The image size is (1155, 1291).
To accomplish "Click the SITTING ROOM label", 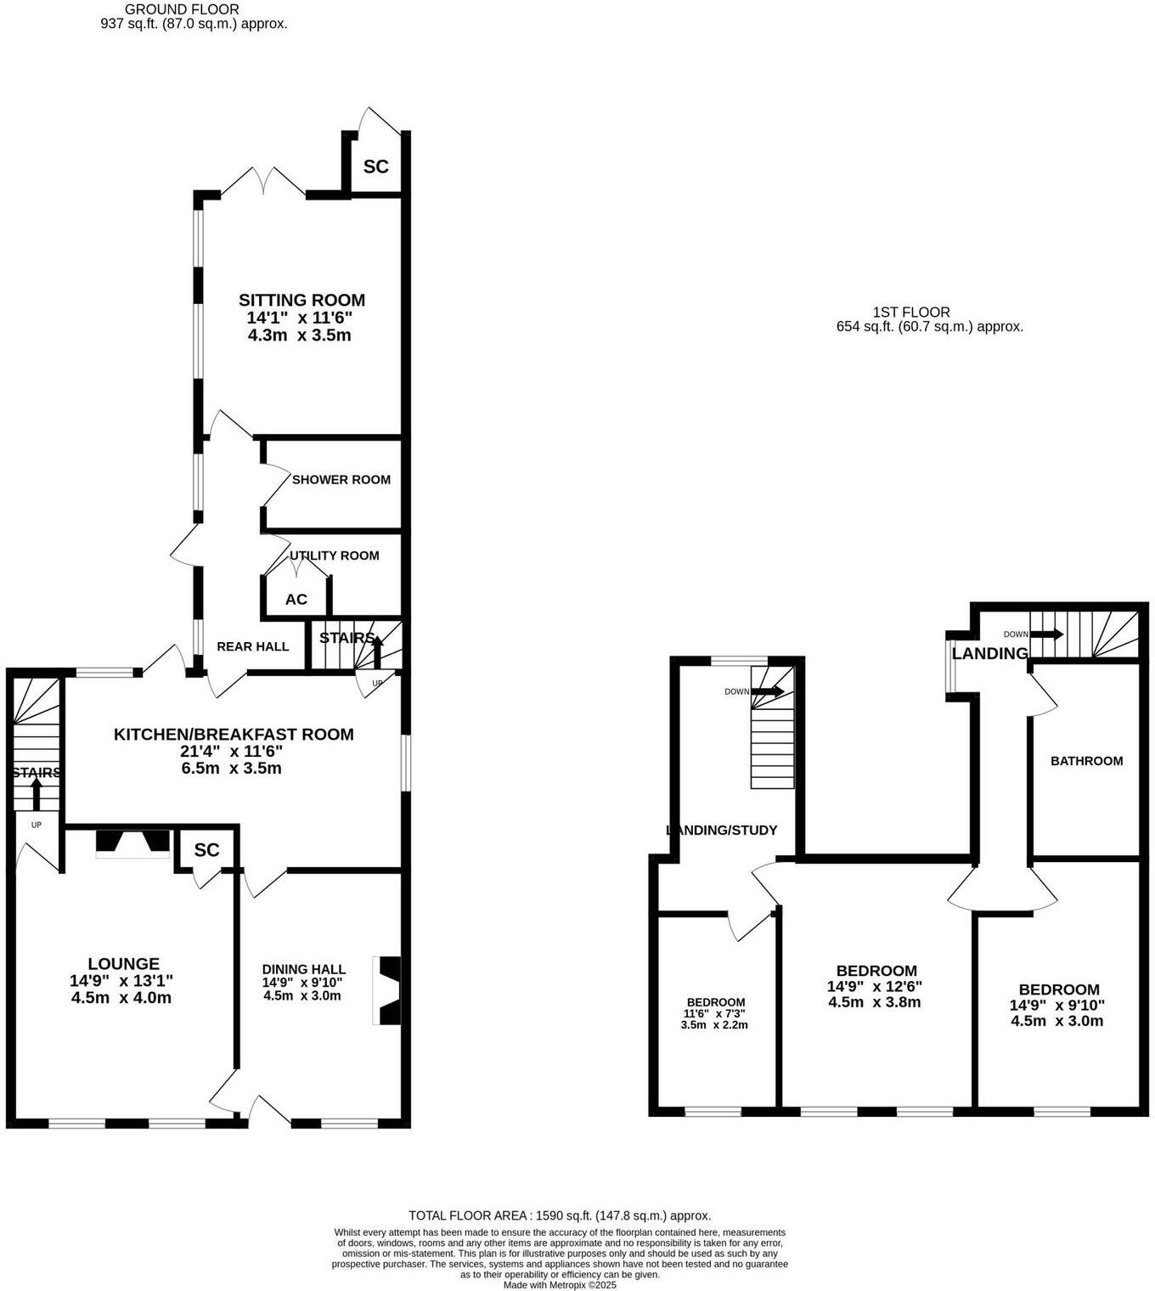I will tap(301, 300).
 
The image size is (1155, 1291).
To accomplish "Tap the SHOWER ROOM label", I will tap(341, 480).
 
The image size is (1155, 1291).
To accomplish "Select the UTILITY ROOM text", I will tap(335, 555).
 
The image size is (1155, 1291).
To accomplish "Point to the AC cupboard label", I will tap(296, 600).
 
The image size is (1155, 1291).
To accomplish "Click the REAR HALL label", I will tap(252, 646).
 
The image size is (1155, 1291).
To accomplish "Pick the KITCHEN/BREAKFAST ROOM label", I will tap(234, 735).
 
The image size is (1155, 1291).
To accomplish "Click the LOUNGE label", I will tap(124, 964).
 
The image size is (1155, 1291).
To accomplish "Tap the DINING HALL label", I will tap(303, 969).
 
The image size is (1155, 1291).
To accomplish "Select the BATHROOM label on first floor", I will tap(1086, 761).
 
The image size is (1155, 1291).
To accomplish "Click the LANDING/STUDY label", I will tap(722, 831).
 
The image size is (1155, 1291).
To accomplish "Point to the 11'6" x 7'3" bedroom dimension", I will tap(716, 1013).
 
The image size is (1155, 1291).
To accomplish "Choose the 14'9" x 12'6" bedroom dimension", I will tap(875, 987).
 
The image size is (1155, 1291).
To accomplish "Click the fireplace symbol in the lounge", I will tap(132, 842).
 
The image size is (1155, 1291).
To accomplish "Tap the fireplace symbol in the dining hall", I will tap(388, 991).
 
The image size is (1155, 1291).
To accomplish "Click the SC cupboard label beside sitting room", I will tap(376, 166).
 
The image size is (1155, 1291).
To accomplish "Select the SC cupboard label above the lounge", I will tap(206, 850).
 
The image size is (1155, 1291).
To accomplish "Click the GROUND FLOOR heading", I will tap(182, 9).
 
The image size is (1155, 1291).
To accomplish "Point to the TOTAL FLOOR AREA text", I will tap(560, 1215).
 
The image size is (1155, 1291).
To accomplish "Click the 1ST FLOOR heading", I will tap(911, 313).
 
